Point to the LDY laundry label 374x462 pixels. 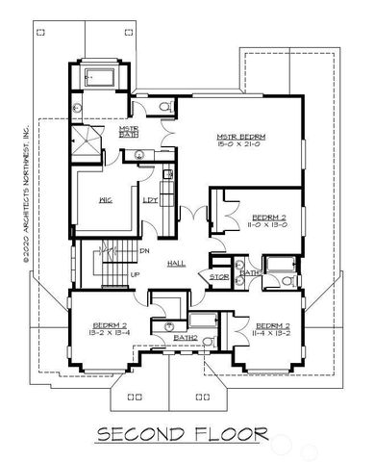151,200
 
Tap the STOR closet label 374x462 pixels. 218,280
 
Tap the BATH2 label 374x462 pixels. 187,339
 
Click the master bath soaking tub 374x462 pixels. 99,78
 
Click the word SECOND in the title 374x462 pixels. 146,434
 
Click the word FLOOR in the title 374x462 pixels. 235,434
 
